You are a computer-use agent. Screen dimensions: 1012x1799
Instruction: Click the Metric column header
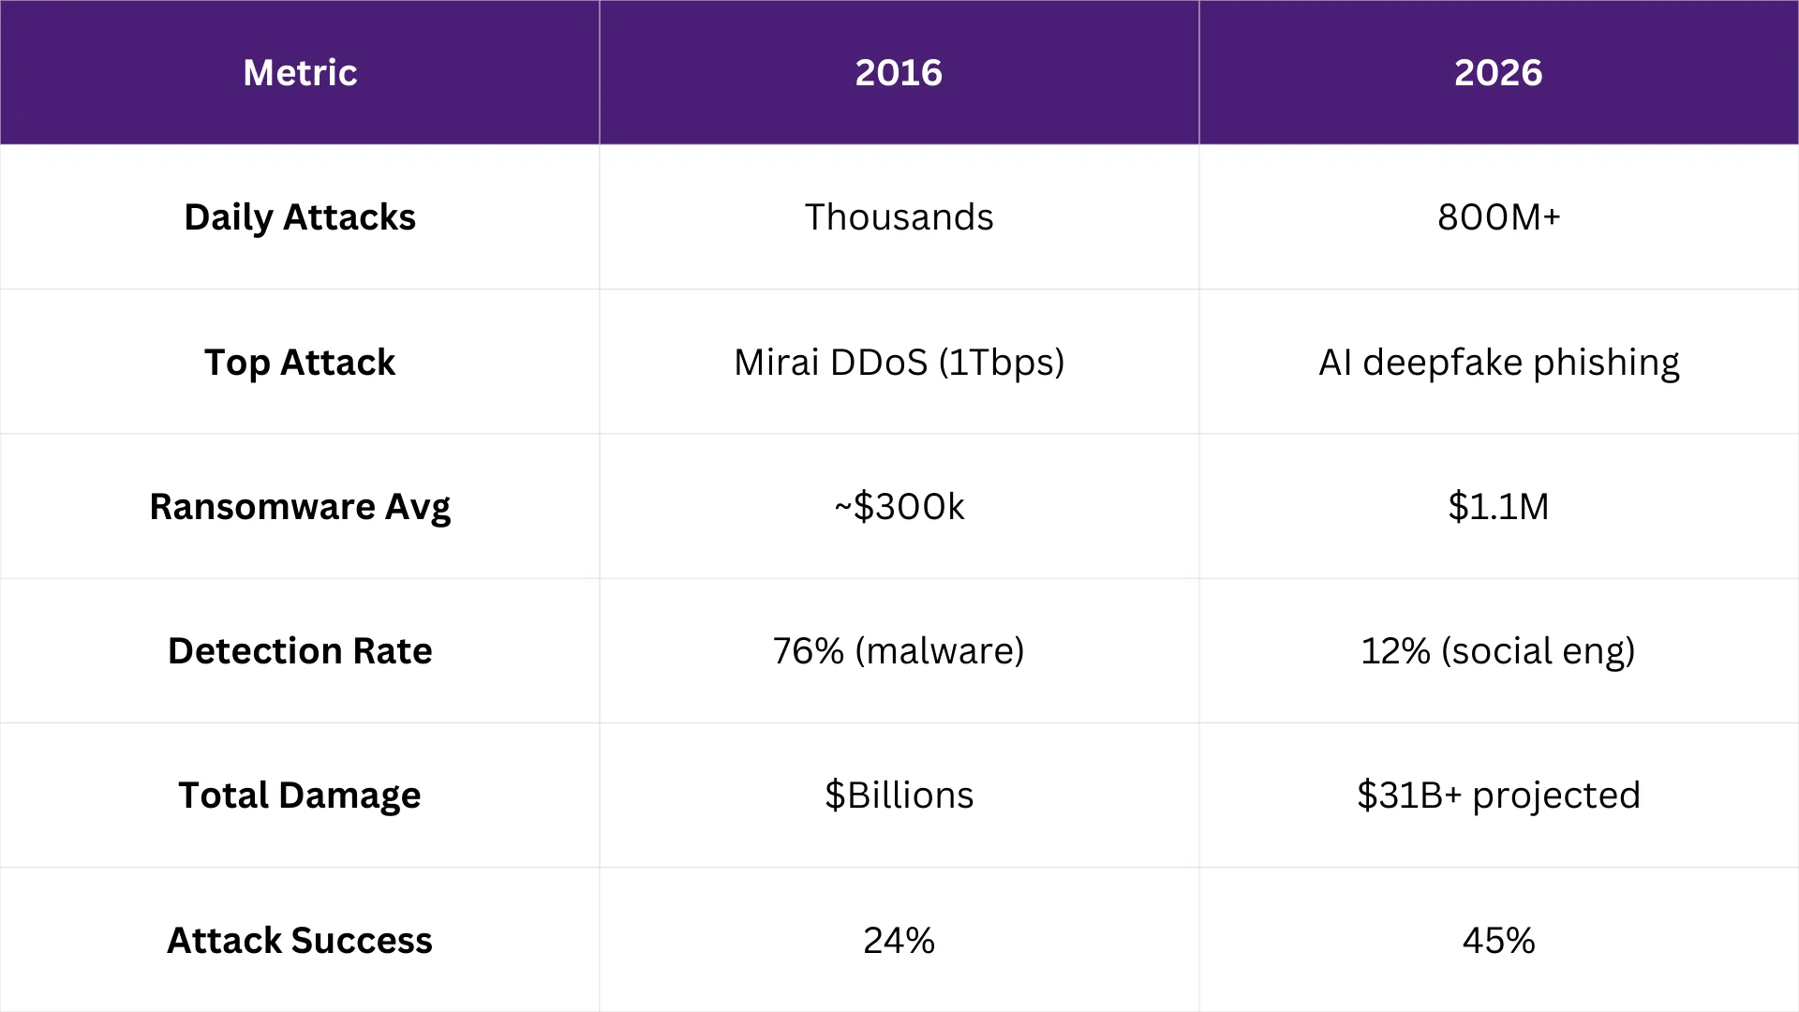click(300, 72)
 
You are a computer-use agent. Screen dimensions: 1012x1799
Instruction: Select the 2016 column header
click(899, 72)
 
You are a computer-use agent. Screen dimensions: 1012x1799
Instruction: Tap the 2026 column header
click(1498, 72)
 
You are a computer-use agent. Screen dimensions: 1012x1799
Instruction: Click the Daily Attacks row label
click(300, 217)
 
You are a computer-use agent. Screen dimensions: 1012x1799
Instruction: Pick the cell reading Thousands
click(899, 217)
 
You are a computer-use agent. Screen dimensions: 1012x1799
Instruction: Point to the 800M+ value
click(1498, 217)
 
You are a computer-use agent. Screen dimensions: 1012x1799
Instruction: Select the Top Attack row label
click(300, 363)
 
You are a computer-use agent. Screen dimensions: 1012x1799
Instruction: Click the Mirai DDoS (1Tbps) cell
click(899, 363)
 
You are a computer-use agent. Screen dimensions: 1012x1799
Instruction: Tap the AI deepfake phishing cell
click(1498, 363)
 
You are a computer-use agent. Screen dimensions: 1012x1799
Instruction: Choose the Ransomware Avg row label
click(300, 507)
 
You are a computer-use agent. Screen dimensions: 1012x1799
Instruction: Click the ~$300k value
click(899, 507)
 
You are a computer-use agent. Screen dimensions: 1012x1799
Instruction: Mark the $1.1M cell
click(1498, 507)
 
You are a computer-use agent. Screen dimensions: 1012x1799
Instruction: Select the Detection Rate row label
click(300, 651)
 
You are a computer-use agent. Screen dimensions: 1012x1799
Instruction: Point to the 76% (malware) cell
click(899, 651)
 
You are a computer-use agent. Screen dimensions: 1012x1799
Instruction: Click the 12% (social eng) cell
click(1498, 651)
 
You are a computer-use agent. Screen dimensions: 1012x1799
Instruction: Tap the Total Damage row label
click(300, 796)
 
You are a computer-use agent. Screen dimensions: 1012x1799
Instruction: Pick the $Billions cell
click(899, 796)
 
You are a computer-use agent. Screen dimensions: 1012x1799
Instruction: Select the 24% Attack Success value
click(899, 941)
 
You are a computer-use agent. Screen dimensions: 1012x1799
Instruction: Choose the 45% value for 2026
click(1498, 941)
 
